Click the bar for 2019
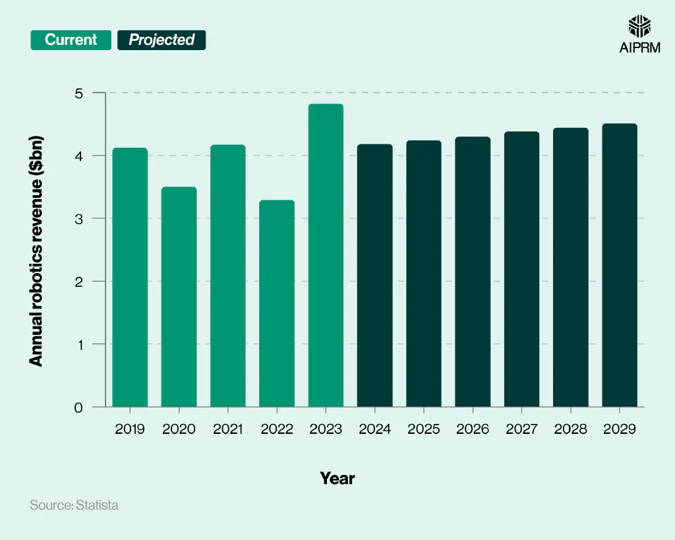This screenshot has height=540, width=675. pyautogui.click(x=130, y=277)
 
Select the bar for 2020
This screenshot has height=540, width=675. pyautogui.click(x=179, y=297)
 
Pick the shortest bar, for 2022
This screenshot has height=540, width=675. pyautogui.click(x=277, y=303)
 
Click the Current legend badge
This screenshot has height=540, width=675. pyautogui.click(x=71, y=40)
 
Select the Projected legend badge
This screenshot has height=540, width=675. pyautogui.click(x=161, y=40)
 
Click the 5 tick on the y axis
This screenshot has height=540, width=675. pyautogui.click(x=79, y=93)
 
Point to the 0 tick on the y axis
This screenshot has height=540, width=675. pyautogui.click(x=79, y=407)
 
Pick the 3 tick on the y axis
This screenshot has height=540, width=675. pyautogui.click(x=79, y=219)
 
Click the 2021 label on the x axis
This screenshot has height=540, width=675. pyautogui.click(x=228, y=429)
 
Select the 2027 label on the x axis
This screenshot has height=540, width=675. pyautogui.click(x=521, y=429)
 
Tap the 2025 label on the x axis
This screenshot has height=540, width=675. pyautogui.click(x=424, y=429)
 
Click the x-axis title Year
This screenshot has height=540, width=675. pyautogui.click(x=337, y=478)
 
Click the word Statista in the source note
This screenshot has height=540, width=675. pyautogui.click(x=97, y=506)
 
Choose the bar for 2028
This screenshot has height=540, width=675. pyautogui.click(x=571, y=267)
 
